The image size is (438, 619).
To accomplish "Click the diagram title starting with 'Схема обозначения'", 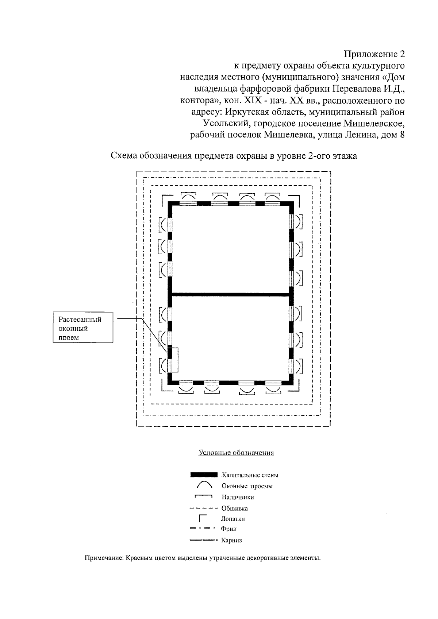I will (x=234, y=156).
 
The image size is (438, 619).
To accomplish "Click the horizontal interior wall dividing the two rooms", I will (x=230, y=294).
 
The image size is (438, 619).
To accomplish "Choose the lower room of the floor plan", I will (x=230, y=337).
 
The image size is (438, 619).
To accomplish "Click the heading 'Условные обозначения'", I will (x=236, y=453).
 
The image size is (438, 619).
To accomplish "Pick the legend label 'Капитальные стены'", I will (x=250, y=475).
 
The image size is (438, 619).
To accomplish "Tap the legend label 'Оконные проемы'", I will (x=247, y=486).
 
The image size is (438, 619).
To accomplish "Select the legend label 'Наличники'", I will (x=238, y=497).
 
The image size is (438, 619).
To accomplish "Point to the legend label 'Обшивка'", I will (x=235, y=508).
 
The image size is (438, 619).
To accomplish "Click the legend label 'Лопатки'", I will (x=233, y=519).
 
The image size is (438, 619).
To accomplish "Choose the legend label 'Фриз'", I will (x=228, y=529).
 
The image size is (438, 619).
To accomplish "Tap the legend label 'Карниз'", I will (x=231, y=540).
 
